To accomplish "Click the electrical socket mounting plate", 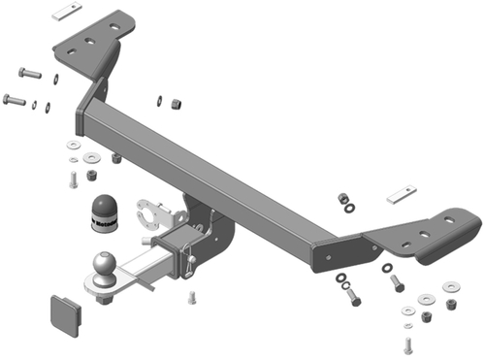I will [x=152, y=211].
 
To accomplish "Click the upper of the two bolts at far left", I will [x=29, y=74].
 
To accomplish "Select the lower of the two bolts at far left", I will [x=16, y=99].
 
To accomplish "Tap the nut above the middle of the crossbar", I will [x=176, y=102].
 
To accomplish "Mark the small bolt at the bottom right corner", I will [x=407, y=344].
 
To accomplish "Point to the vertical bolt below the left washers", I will [x=73, y=179].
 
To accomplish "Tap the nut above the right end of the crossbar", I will [x=343, y=199].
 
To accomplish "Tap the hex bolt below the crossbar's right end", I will [x=352, y=295].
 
